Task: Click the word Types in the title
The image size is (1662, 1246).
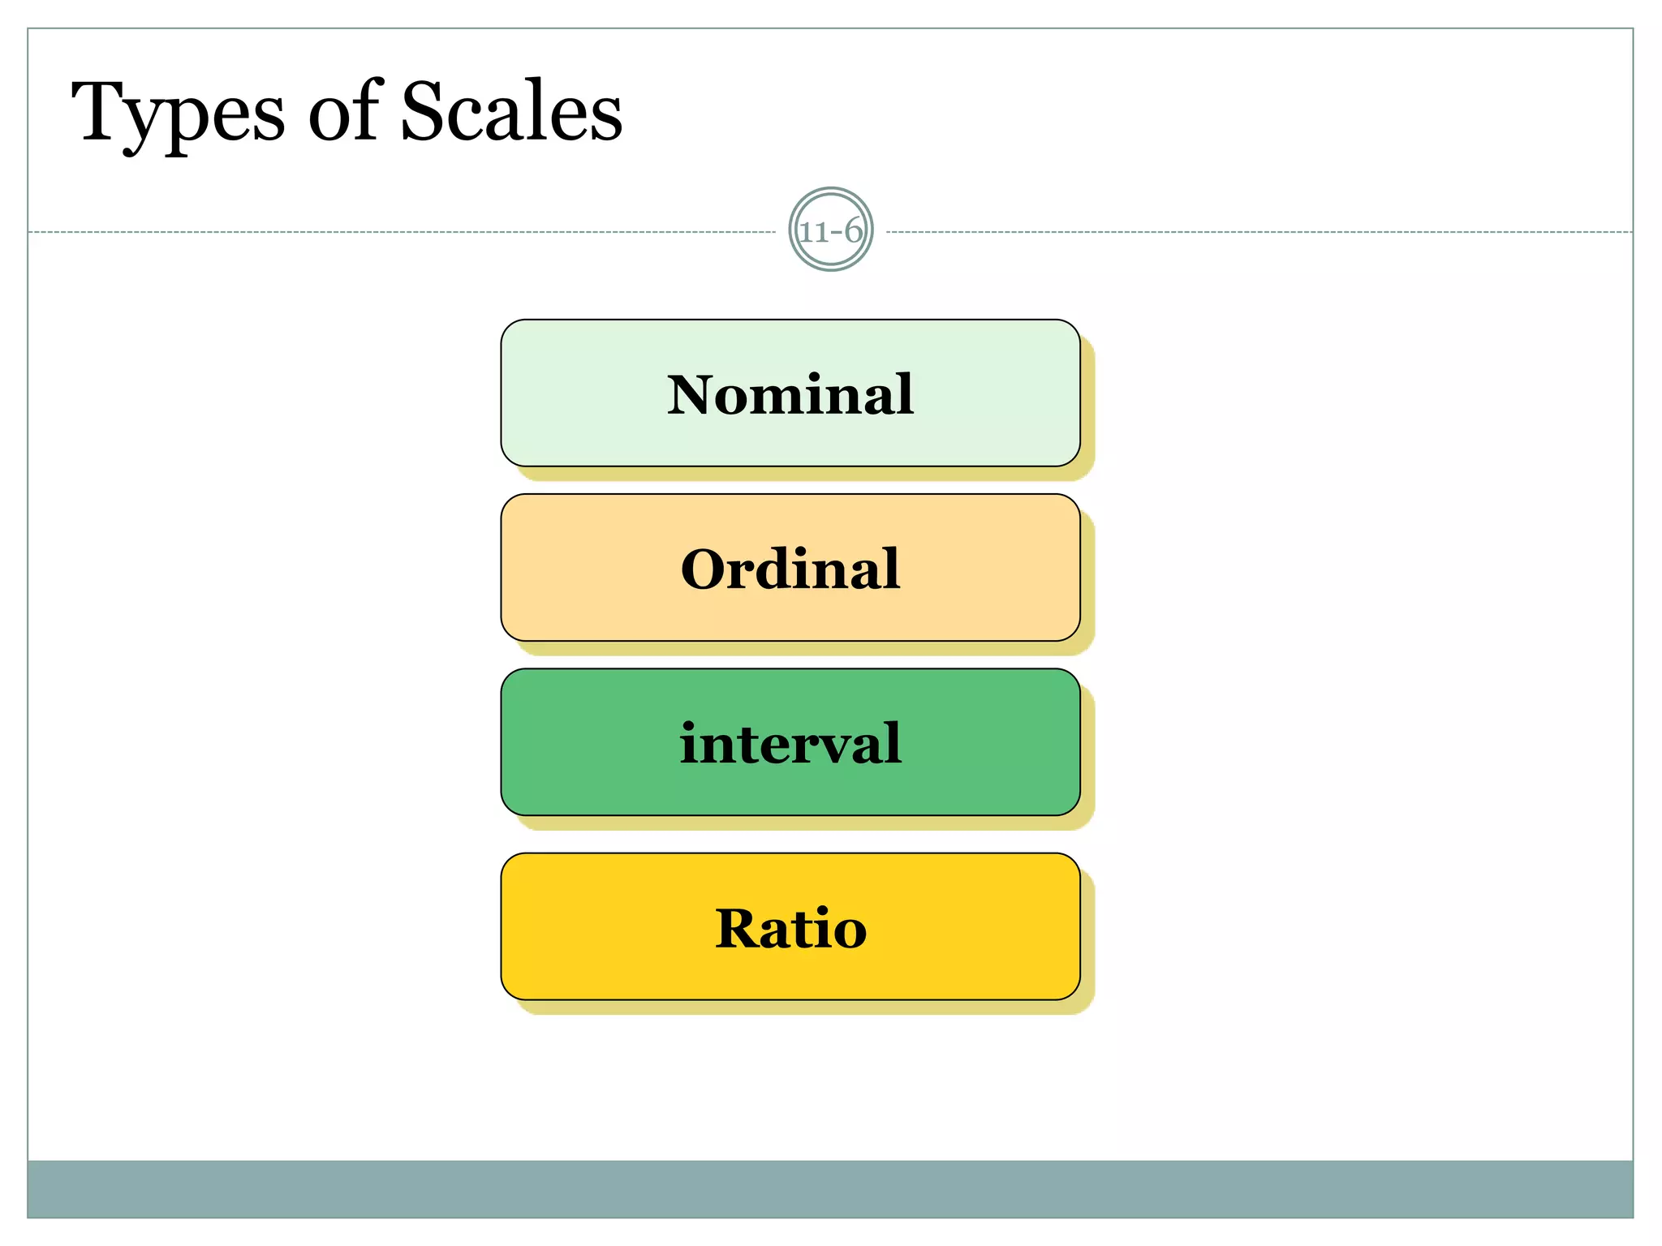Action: tap(178, 114)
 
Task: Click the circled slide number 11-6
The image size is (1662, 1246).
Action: tap(830, 230)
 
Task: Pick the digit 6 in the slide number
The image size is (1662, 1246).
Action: tap(852, 231)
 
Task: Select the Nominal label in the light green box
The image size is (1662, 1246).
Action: tap(790, 394)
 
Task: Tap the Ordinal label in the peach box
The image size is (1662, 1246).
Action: tap(790, 569)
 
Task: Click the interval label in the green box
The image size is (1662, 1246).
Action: tap(790, 743)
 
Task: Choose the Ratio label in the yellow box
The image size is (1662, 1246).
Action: tap(790, 928)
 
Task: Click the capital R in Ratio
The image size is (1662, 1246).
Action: tap(737, 928)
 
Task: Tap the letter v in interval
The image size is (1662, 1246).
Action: tap(832, 745)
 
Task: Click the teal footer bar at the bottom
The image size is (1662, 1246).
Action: tap(830, 1188)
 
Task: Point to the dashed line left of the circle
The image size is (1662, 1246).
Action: tap(406, 232)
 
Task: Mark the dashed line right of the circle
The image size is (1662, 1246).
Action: tap(1258, 232)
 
